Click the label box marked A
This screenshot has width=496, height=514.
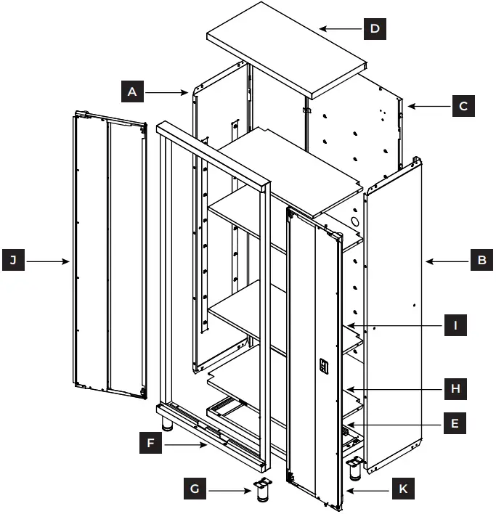[x=131, y=91]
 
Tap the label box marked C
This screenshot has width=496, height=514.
[x=463, y=106]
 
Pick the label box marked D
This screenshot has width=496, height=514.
[x=374, y=29]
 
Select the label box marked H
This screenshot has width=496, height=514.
[x=455, y=389]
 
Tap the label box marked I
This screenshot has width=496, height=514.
[x=455, y=325]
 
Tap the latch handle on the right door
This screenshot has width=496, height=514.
[x=324, y=367]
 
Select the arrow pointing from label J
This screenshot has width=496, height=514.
[x=47, y=260]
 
